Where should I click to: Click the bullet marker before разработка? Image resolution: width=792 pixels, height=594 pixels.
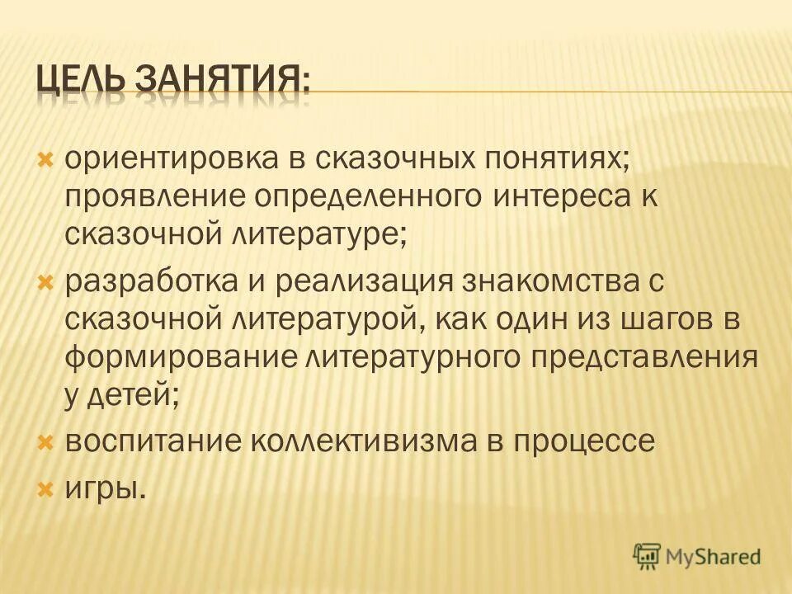click(46, 280)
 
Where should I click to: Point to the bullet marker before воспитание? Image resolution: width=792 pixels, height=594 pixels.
click(46, 441)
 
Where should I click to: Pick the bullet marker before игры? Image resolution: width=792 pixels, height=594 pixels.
click(46, 489)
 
